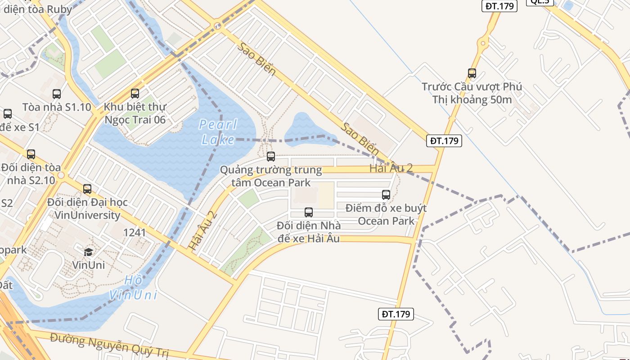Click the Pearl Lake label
(218, 132)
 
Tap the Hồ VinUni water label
(133, 288)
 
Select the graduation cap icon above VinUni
(89, 252)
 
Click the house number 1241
(134, 232)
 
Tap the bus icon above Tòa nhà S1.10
(57, 94)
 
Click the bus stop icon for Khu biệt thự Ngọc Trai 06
(135, 94)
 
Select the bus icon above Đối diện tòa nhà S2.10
(31, 154)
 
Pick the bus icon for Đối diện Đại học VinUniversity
(87, 189)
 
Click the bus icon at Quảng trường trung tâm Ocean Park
(271, 157)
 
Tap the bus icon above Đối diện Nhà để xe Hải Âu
(309, 212)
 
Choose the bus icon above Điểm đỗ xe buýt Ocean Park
(386, 195)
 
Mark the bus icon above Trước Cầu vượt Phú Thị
(472, 73)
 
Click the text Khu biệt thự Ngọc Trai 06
(135, 113)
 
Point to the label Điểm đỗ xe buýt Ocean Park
(386, 215)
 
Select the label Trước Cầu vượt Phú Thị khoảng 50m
(472, 93)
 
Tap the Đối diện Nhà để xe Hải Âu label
(309, 232)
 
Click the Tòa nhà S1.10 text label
(57, 107)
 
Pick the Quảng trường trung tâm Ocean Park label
(271, 176)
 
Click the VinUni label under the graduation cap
(89, 265)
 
